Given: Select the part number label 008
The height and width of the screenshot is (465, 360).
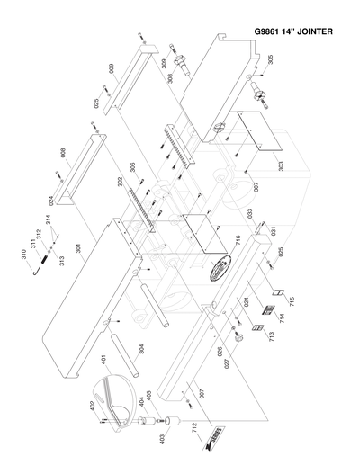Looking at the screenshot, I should [63, 154].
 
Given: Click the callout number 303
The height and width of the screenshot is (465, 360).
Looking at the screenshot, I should [280, 167].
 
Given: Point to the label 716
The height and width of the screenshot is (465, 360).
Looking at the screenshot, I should [238, 240].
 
